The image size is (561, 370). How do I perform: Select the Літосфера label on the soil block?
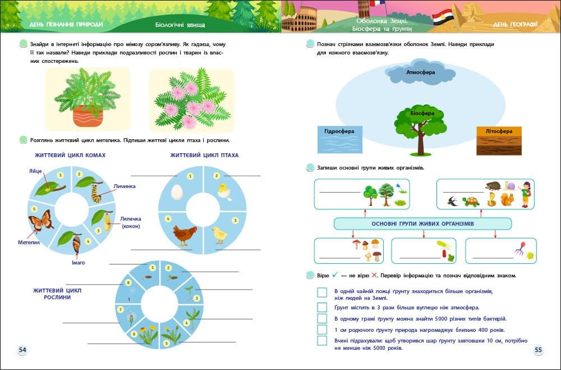point(499,131)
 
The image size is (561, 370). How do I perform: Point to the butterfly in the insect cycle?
point(40,221)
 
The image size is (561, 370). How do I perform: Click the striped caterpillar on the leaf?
point(96,192)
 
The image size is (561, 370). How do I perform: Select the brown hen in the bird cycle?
point(183,234)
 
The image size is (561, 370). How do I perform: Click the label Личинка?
point(124,186)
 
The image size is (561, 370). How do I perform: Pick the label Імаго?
point(77,262)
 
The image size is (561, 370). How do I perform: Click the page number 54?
point(23,350)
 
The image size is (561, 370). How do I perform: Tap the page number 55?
point(538,350)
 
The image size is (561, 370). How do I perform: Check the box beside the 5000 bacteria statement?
point(322,318)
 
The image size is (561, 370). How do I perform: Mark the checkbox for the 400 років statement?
point(322,330)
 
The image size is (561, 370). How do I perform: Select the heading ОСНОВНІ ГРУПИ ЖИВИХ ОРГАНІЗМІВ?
point(422,223)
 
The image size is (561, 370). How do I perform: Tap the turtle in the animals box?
point(471,201)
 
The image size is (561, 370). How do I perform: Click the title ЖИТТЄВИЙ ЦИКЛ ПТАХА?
point(204,155)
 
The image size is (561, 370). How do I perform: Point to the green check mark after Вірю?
point(334,275)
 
